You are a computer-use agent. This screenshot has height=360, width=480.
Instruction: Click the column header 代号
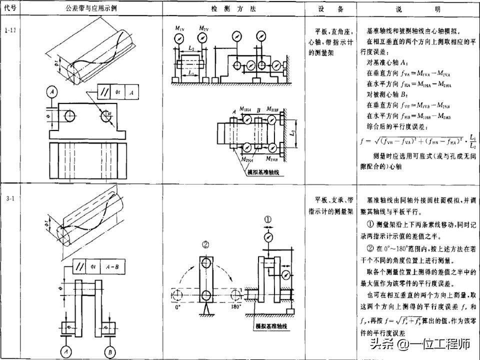[10, 9]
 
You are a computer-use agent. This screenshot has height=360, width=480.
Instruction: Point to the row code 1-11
[10, 31]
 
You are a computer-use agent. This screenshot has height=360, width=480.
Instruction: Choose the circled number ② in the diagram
[205, 244]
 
